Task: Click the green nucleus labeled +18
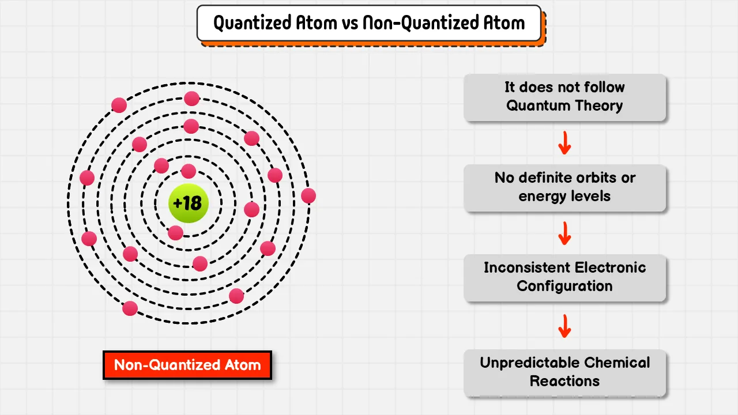[x=188, y=203]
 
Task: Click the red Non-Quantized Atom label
[x=187, y=365]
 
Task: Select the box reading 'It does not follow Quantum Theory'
[x=564, y=97]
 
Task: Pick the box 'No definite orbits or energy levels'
[x=564, y=188]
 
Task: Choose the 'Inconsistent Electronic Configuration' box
[x=564, y=278]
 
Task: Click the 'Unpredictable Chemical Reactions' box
[x=564, y=373]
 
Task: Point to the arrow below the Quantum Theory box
[x=564, y=143]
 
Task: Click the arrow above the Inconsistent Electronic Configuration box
[x=564, y=233]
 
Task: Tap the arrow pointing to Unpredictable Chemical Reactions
[x=564, y=326]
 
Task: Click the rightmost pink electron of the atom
[x=308, y=196]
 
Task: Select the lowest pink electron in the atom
[x=130, y=308]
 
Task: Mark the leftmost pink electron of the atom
[x=87, y=178]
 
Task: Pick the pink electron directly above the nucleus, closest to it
[x=189, y=171]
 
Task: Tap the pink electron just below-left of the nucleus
[x=176, y=233]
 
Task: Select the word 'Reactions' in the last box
[x=564, y=381]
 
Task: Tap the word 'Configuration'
[x=564, y=286]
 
